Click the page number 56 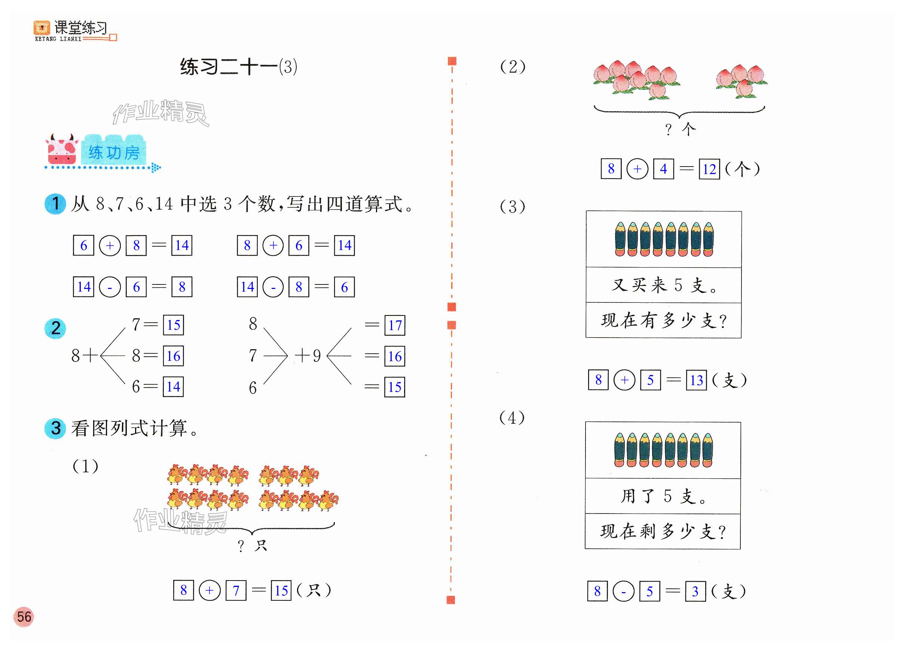click(24, 616)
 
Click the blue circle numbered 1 click(55, 204)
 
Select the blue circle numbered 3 click(55, 428)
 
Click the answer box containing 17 click(395, 325)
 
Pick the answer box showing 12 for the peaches click(709, 169)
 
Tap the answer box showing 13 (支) click(696, 380)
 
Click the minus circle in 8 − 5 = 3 click(623, 591)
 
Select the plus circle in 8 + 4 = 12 click(637, 169)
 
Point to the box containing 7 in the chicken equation click(236, 591)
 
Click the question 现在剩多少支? click(663, 531)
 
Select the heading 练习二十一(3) click(239, 67)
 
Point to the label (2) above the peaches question click(513, 67)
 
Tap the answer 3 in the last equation click(695, 591)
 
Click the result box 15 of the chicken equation click(281, 591)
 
